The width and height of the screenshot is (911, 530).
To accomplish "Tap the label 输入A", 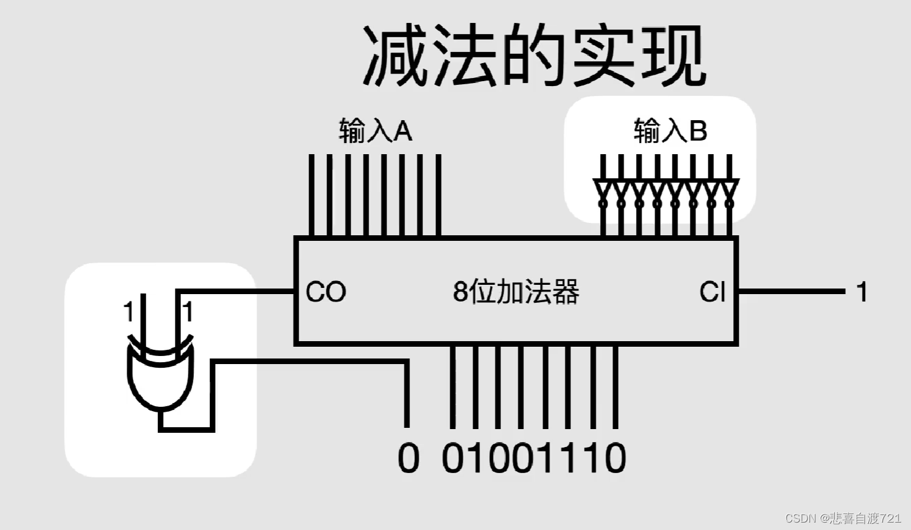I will pos(375,131).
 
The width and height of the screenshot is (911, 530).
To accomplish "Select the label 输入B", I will pos(670,131).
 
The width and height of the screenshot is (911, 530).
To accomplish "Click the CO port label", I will pos(326,292).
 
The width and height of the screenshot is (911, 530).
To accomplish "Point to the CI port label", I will pos(712,292).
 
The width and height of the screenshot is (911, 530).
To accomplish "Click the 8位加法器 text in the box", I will pos(516,292).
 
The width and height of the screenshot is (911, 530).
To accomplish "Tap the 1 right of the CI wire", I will pos(861,292).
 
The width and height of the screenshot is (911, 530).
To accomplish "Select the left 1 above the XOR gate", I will pos(128,311).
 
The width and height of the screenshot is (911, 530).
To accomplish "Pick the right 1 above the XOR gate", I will pos(188,311).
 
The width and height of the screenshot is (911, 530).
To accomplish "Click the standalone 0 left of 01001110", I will pos(408,459).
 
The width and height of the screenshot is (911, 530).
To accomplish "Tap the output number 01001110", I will pos(534,459).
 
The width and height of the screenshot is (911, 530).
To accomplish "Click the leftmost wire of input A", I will pos(312,195).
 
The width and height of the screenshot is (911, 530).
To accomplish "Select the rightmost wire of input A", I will pos(438,195).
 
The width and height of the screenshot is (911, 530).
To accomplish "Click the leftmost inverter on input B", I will pos(603,192).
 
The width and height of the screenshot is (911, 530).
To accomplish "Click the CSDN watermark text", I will pos(842,518).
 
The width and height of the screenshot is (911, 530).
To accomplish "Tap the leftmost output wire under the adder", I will pos(453,387).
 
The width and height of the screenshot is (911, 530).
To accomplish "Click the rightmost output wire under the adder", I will pos(615,387).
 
